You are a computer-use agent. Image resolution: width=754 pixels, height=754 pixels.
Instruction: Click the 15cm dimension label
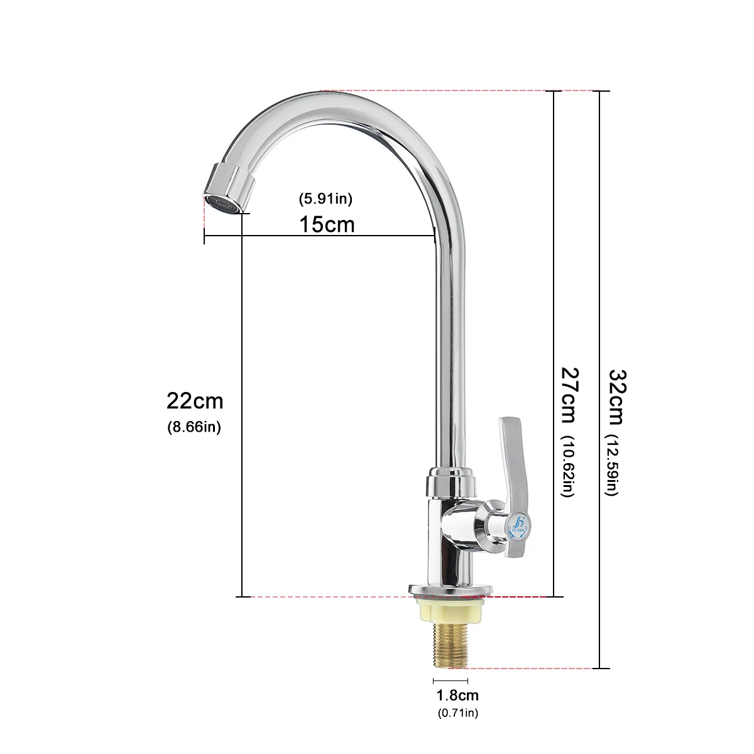[326, 224]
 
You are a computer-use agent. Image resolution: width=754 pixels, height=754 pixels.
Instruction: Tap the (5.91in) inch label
[325, 199]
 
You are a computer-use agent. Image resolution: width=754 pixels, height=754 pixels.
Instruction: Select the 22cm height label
[195, 400]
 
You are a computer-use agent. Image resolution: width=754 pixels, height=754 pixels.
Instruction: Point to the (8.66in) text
[194, 427]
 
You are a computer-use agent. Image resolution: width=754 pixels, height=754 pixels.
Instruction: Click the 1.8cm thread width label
[457, 695]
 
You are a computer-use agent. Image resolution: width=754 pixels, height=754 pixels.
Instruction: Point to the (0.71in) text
[457, 713]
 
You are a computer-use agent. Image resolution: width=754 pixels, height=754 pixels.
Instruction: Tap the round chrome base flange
[450, 591]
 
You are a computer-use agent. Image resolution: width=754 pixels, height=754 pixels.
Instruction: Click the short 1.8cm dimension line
[450, 680]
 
